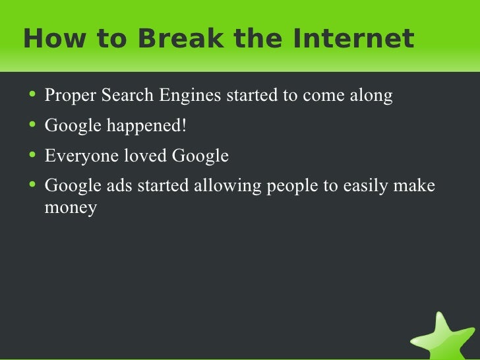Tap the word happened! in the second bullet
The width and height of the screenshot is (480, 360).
pyautogui.click(x=145, y=126)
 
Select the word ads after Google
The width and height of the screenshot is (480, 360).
pyautogui.click(x=117, y=186)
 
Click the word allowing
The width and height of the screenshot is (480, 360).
pyautogui.click(x=227, y=186)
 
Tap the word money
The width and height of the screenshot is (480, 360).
pyautogui.click(x=71, y=209)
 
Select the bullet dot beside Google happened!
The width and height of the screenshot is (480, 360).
pyautogui.click(x=34, y=125)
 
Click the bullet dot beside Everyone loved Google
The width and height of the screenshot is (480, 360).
pyautogui.click(x=34, y=155)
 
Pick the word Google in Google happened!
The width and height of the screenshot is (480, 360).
pyautogui.click(x=71, y=126)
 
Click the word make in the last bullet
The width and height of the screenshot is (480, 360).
pyautogui.click(x=414, y=186)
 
